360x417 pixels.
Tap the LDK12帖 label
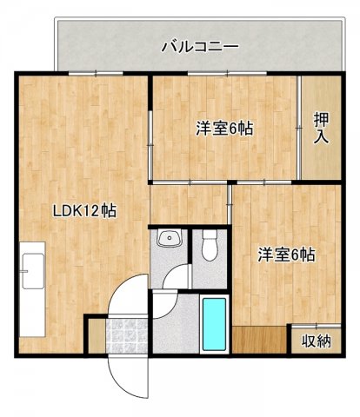pos(85,209)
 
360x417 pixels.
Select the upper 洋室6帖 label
pos(223,128)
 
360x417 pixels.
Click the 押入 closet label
pos(321,129)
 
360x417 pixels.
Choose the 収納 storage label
pos(317,341)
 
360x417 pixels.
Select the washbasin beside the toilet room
pos(168,239)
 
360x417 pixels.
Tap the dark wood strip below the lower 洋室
pos(259,340)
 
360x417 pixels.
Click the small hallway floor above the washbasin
pos(188,204)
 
